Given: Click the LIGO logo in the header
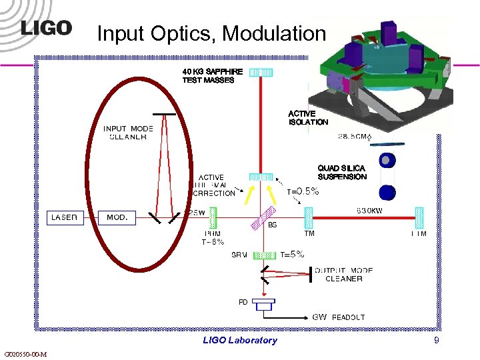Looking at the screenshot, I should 46,28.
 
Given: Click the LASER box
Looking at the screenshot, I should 65,217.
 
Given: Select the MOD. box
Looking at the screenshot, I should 118,217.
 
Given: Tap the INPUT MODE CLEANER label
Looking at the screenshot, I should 128,133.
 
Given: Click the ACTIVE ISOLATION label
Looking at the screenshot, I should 308,118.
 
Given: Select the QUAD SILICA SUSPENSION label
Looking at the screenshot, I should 342,173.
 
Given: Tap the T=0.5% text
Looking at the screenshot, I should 303,191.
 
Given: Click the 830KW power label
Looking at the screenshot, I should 373,210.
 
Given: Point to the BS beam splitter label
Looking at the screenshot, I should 272,225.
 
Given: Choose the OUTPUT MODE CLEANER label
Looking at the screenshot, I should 344,275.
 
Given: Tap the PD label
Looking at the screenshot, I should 243,302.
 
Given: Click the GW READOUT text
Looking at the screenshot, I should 339,317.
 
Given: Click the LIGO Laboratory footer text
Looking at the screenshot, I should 240,341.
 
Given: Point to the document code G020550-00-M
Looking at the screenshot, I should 25,354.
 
